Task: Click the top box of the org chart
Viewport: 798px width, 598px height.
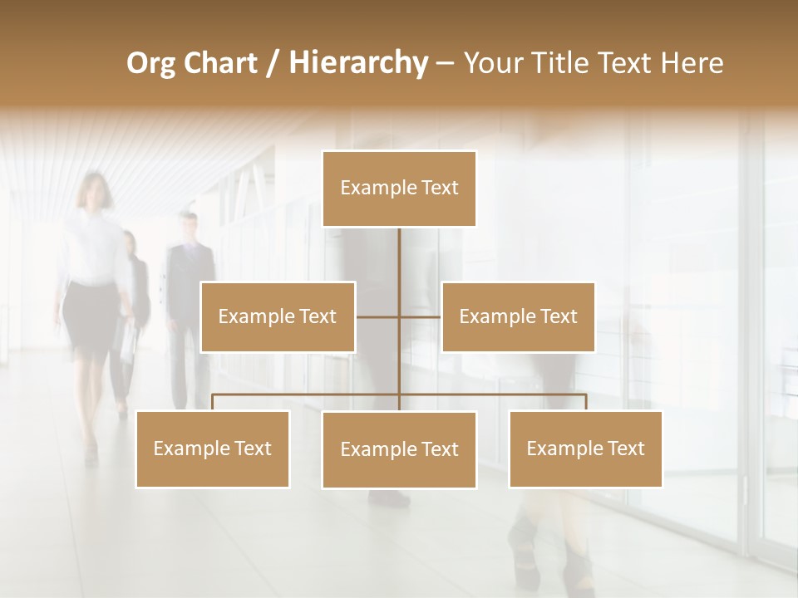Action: point(399,189)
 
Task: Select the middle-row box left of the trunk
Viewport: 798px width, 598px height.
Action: point(278,316)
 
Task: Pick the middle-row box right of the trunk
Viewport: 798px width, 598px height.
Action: point(518,316)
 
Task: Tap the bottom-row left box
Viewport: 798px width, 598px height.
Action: point(213,448)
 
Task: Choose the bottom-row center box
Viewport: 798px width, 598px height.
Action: point(399,449)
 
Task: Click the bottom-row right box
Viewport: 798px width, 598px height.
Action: point(585,448)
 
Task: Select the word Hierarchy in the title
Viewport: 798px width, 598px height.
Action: point(357,63)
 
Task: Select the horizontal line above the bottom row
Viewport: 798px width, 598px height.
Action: point(308,395)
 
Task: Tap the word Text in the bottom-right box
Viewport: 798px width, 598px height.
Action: point(626,448)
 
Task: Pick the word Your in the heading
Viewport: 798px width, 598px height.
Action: point(493,63)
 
